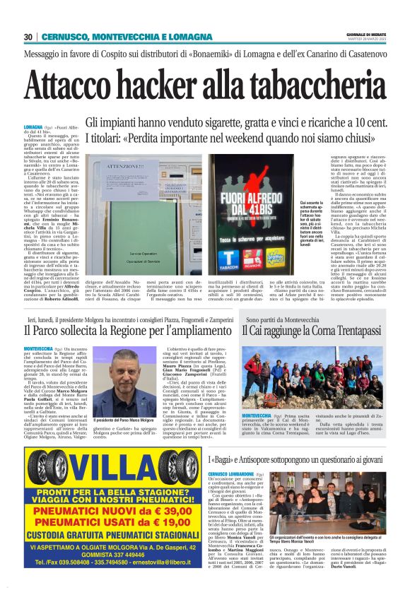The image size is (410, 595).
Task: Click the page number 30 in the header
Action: (x=28, y=37)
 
